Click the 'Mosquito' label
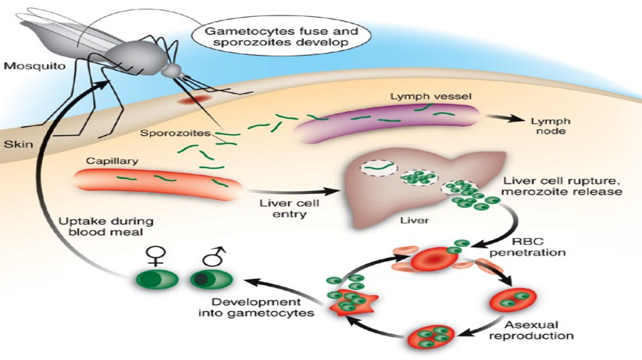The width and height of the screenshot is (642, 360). pos(34,66)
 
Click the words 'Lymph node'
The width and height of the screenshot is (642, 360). pos(550,127)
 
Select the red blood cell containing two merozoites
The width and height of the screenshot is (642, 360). pos(514,300)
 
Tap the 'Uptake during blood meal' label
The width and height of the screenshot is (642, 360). pos(106,227)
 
